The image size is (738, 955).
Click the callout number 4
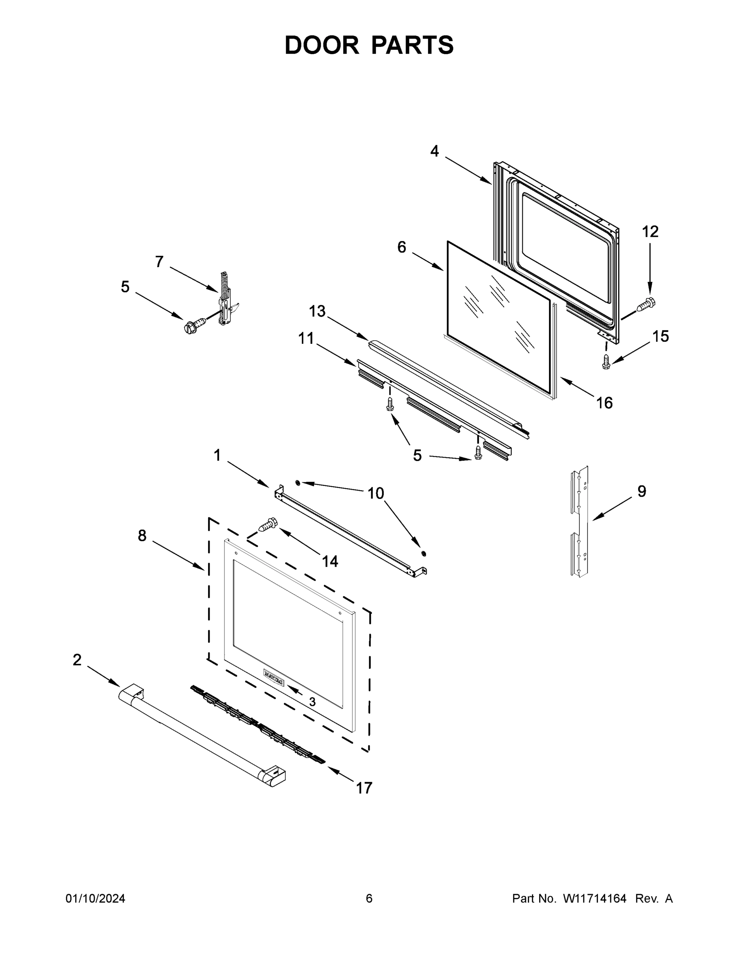434,151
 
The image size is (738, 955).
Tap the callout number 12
650,232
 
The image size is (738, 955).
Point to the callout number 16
604,403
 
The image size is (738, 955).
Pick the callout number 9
641,491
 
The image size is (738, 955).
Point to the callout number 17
364,788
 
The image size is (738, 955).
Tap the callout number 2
77,660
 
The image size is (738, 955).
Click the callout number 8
142,536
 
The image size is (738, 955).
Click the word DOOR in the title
321,45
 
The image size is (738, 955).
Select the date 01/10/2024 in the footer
95,898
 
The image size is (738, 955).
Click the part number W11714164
595,898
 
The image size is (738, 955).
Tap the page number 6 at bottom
369,898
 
